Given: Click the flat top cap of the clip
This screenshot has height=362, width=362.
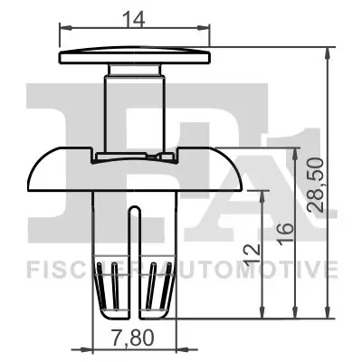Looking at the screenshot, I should pyautogui.click(x=136, y=57).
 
